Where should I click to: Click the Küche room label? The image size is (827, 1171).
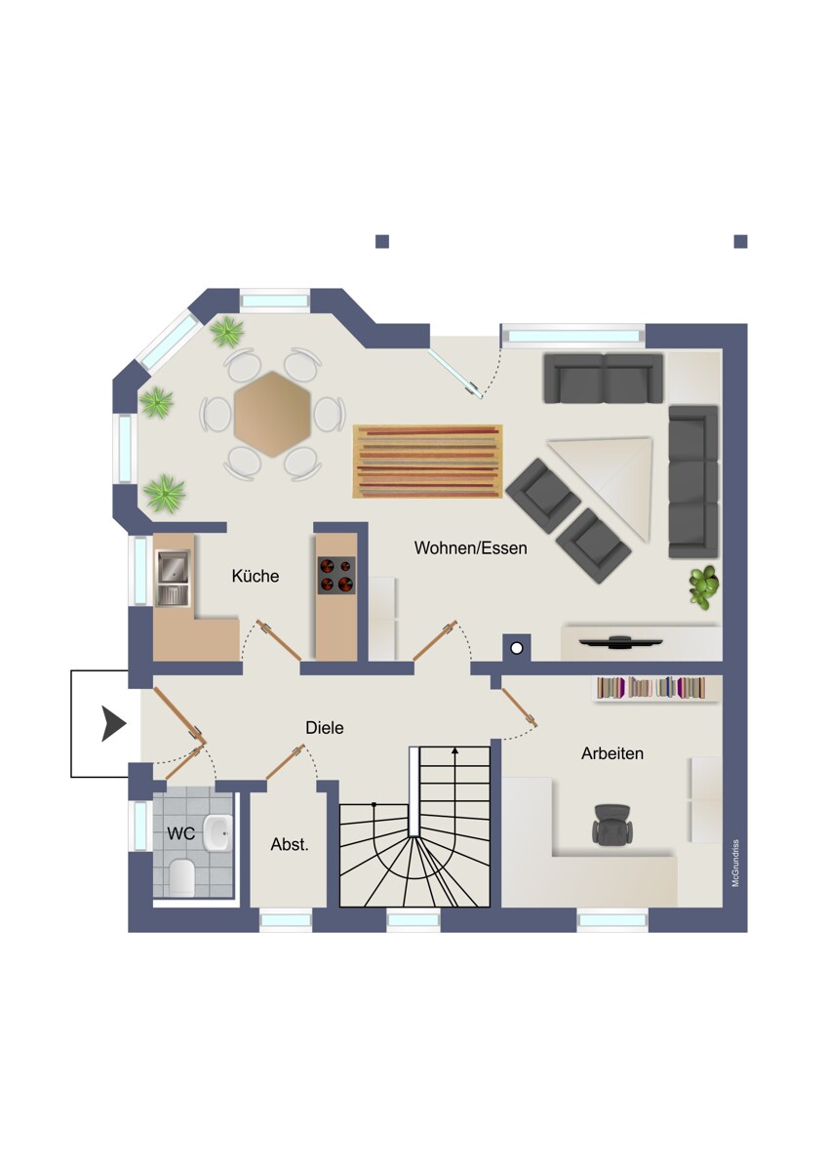pos(255,576)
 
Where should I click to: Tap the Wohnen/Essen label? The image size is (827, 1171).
pos(470,547)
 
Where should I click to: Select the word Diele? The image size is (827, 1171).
pos(325,728)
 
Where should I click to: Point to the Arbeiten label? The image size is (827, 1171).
pos(612,753)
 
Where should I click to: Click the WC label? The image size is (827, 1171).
pos(180,833)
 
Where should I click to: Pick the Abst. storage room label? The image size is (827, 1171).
pos(290,844)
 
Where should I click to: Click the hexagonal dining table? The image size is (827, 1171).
pos(272,414)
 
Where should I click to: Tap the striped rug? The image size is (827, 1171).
pos(427,462)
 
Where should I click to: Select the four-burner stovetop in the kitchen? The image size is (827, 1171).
pos(336,575)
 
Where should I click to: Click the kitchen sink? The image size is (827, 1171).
pos(173,578)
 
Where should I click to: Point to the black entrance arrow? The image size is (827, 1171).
pos(113,723)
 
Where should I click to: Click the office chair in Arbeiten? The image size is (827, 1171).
pos(612,824)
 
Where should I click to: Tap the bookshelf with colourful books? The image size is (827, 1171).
pos(650,688)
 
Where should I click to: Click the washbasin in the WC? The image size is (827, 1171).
pos(217,833)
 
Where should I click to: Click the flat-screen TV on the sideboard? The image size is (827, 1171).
pos(621,642)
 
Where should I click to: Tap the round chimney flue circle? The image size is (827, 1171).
pos(517,648)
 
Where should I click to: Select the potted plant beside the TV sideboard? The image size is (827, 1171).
pos(704,587)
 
